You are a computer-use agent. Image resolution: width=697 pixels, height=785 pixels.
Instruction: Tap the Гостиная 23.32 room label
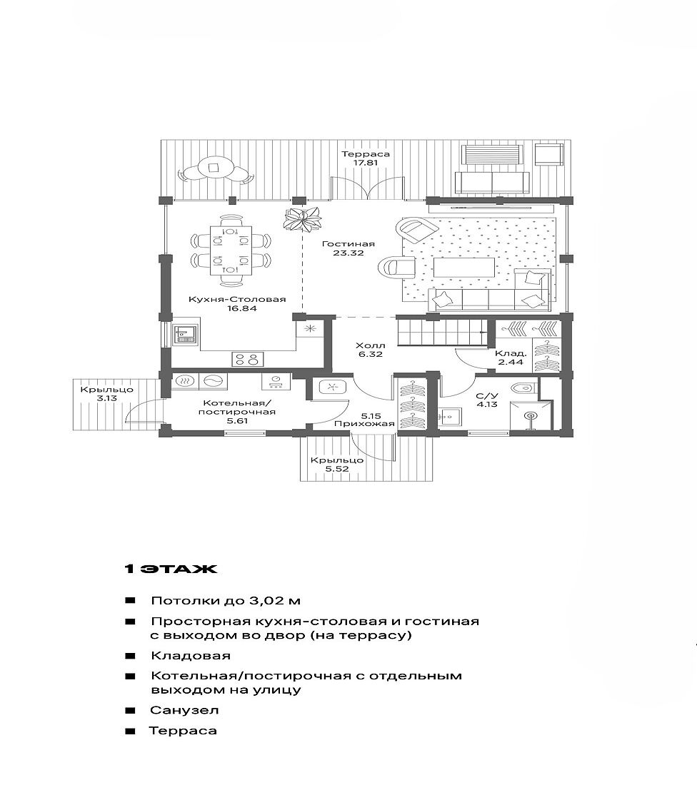pyautogui.click(x=348, y=248)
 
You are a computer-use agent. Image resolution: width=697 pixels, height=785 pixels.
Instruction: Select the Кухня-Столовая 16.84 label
pyautogui.click(x=237, y=304)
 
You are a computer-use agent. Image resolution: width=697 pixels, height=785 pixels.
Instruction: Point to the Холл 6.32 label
pyautogui.click(x=371, y=350)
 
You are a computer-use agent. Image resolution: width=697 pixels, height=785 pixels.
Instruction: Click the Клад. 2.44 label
pyautogui.click(x=511, y=358)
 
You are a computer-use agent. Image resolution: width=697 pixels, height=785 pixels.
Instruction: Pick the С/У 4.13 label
pyautogui.click(x=487, y=400)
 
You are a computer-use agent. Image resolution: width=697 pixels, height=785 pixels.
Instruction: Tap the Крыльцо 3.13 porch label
pyautogui.click(x=106, y=394)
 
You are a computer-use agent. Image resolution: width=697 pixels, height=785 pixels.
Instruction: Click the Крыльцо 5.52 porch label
pyautogui.click(x=337, y=465)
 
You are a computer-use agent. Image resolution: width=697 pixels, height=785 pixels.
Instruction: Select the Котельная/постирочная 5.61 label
pyautogui.click(x=237, y=412)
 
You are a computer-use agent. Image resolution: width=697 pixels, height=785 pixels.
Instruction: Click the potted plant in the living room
pyautogui.click(x=302, y=219)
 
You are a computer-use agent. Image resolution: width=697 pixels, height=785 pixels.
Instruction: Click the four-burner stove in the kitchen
pyautogui.click(x=248, y=359)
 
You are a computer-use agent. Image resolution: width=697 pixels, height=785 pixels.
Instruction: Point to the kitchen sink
pyautogui.click(x=186, y=334)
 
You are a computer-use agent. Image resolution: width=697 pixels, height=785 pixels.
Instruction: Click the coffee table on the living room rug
pyautogui.click(x=463, y=268)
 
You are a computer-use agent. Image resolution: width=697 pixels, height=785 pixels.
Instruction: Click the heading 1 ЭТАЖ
pyautogui.click(x=171, y=569)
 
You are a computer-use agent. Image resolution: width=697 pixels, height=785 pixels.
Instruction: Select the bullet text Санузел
pyautogui.click(x=184, y=710)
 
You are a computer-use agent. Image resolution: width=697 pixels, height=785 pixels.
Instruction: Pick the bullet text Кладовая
pyautogui.click(x=191, y=655)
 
